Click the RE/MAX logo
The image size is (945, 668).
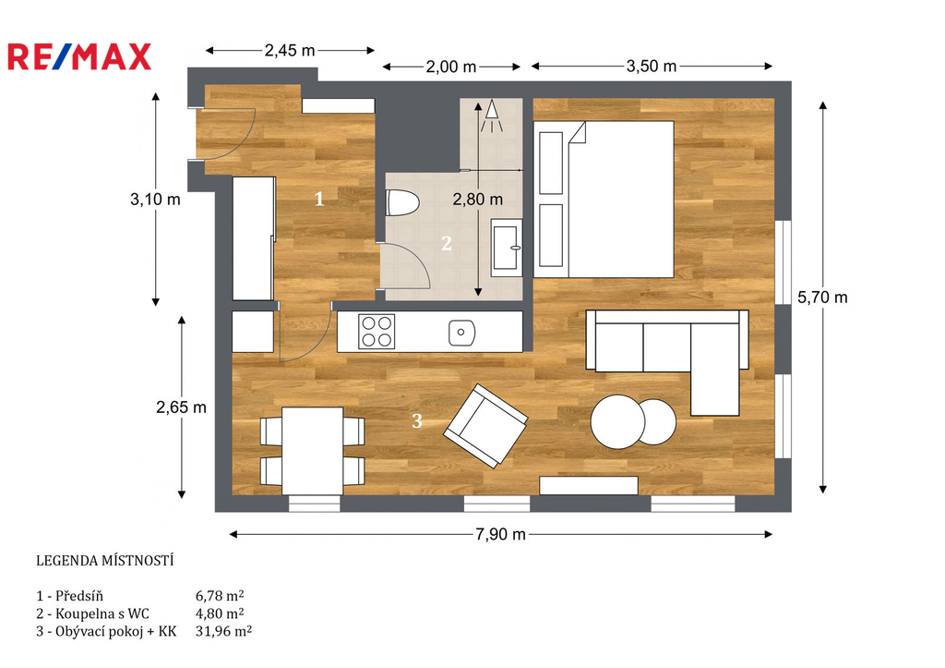pyautogui.click(x=79, y=56)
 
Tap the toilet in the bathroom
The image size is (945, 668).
pyautogui.click(x=402, y=202)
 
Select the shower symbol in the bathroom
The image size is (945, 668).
pyautogui.click(x=493, y=115)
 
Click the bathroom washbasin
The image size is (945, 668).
pyautogui.click(x=507, y=248)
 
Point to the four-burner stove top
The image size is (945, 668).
pyautogui.click(x=377, y=332)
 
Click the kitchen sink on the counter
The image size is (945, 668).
pyautogui.click(x=461, y=333)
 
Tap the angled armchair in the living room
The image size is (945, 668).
pyautogui.click(x=485, y=426)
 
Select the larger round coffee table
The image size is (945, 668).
pyautogui.click(x=617, y=421)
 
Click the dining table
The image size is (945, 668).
pyautogui.click(x=312, y=451)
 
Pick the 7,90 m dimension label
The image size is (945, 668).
pyautogui.click(x=500, y=534)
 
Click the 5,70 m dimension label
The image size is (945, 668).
pyautogui.click(x=822, y=297)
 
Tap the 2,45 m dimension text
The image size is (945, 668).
pyautogui.click(x=289, y=51)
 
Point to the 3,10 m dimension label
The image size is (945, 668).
pyautogui.click(x=155, y=200)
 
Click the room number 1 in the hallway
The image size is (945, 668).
pyautogui.click(x=319, y=199)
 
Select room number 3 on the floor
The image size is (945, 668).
pyautogui.click(x=416, y=420)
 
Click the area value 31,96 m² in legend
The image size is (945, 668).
pyautogui.click(x=223, y=632)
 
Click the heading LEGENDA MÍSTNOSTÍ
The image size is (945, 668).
pyautogui.click(x=105, y=561)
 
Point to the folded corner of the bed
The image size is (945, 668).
pyautogui.click(x=577, y=132)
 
